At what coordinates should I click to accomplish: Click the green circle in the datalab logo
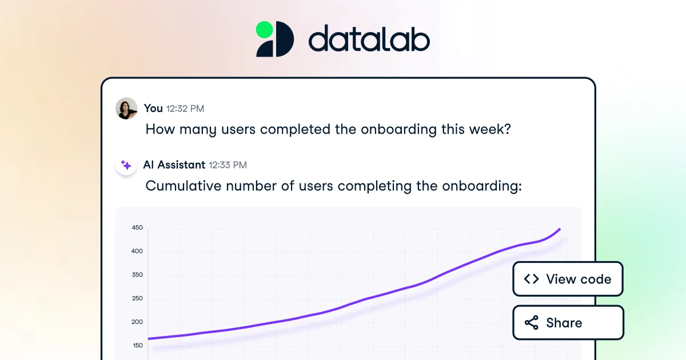(265, 29)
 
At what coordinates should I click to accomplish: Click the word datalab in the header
(369, 40)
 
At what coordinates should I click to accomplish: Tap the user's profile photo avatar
(126, 108)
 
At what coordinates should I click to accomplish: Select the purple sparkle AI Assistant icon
(126, 165)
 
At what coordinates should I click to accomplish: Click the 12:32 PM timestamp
(185, 109)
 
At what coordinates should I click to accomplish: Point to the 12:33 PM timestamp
(228, 165)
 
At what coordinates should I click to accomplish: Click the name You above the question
(153, 108)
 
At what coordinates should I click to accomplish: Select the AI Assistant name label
(174, 165)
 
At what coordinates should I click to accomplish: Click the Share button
(568, 323)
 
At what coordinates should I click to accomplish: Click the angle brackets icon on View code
(531, 279)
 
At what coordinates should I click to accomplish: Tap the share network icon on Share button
(531, 323)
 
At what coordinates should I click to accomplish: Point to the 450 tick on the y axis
(137, 227)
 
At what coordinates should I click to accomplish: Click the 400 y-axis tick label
(137, 251)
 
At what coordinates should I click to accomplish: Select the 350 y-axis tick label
(137, 275)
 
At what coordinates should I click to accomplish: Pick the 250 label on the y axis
(137, 298)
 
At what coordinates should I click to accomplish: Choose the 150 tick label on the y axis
(137, 345)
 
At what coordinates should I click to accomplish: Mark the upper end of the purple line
(560, 229)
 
